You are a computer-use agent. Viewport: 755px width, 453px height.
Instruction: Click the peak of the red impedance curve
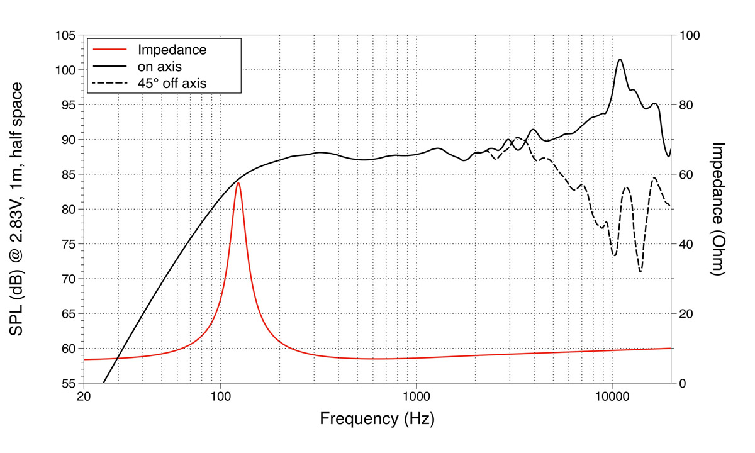pyautogui.click(x=238, y=182)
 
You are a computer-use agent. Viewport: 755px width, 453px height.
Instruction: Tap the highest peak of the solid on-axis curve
pyautogui.click(x=620, y=59)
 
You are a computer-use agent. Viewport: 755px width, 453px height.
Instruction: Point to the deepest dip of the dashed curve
pyautogui.click(x=640, y=271)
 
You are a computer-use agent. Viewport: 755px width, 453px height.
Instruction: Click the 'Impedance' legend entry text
pyautogui.click(x=172, y=50)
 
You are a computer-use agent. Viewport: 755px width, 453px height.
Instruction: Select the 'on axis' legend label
pyautogui.click(x=160, y=66)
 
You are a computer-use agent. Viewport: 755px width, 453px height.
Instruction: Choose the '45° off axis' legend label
pyautogui.click(x=172, y=82)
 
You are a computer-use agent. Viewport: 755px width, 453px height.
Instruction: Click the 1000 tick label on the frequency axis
pyautogui.click(x=416, y=396)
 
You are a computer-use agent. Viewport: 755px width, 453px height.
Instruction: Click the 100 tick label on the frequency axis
pyautogui.click(x=220, y=396)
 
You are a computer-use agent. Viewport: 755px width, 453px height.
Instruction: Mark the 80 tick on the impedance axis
pyautogui.click(x=686, y=105)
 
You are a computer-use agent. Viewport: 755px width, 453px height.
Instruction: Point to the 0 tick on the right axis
pyautogui.click(x=683, y=383)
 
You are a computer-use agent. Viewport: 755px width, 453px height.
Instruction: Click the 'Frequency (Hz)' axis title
pyautogui.click(x=377, y=418)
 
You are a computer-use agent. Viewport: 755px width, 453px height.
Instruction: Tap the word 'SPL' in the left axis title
pyautogui.click(x=20, y=336)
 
